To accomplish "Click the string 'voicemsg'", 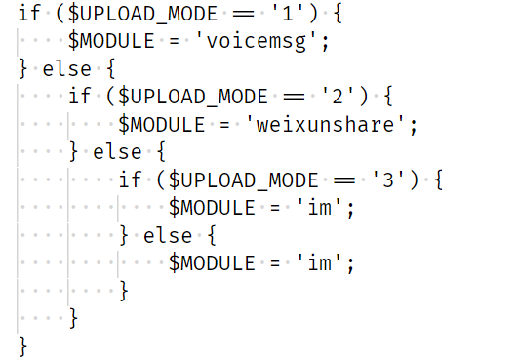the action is pos(256,41).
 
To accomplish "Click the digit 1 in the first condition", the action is pos(288,14).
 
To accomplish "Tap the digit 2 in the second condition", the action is pos(338,97).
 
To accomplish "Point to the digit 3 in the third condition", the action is pos(388,180).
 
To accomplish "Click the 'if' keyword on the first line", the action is pos(29,14).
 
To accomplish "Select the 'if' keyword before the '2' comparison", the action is pos(80,97).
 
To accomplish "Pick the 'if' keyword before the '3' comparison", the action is pos(130,180).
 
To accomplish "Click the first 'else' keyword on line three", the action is pos(66,69).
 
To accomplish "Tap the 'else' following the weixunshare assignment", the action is pos(117,152).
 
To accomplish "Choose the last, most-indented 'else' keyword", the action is pos(168,236).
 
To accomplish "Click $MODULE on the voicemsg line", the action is pos(111,41).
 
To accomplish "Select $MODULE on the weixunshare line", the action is pos(162,125).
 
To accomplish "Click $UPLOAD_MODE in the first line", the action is pos(143,15).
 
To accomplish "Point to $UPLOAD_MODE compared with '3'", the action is pos(244,180).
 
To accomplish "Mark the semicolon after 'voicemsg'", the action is pos(326,44).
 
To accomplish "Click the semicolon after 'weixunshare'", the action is pos(414,128).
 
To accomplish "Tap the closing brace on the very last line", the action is pos(23,346).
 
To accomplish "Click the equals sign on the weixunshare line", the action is pos(224,126).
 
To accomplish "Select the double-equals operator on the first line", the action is pos(243,15).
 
